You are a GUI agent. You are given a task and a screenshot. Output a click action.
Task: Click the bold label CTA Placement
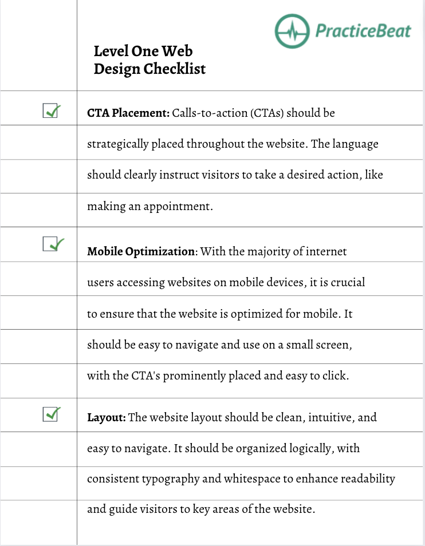(x=128, y=113)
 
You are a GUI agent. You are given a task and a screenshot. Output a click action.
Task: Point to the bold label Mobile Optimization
(x=141, y=251)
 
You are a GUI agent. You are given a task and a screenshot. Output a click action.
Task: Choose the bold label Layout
(x=107, y=417)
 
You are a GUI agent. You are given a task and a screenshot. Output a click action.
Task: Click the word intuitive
(x=330, y=417)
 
